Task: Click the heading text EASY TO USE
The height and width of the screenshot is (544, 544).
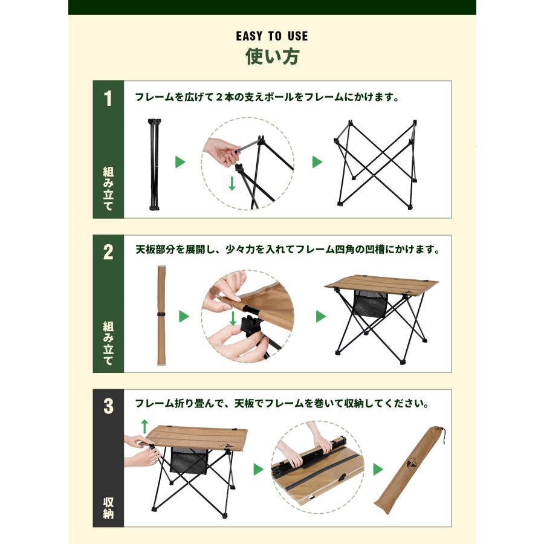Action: (271, 36)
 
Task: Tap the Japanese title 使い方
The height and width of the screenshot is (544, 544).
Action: (271, 57)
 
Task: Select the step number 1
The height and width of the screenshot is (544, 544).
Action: (108, 99)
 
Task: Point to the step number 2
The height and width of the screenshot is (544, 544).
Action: (108, 253)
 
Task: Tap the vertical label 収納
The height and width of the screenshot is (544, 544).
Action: (108, 508)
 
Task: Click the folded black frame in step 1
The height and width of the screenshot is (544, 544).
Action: (154, 163)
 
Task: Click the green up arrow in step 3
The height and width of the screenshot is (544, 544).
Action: (144, 426)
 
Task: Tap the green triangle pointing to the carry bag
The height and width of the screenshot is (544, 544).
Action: (378, 470)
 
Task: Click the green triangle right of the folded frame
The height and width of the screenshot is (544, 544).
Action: (180, 162)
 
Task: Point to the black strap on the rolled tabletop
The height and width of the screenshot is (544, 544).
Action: (161, 315)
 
